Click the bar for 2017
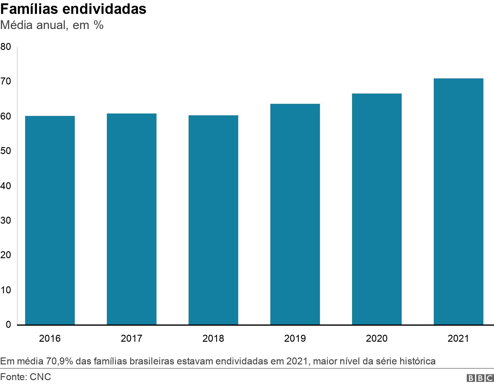pyautogui.click(x=132, y=219)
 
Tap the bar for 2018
pyautogui.click(x=213, y=220)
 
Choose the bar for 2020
pyautogui.click(x=377, y=209)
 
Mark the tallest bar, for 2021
pyautogui.click(x=458, y=202)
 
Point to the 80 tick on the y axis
pyautogui.click(x=6, y=47)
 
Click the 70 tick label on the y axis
pyautogui.click(x=6, y=81)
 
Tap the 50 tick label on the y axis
pyautogui.click(x=6, y=151)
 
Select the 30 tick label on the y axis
pyautogui.click(x=6, y=220)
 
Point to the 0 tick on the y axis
pyautogui.click(x=8, y=325)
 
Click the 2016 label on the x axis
pyautogui.click(x=50, y=338)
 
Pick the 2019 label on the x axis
pyautogui.click(x=295, y=338)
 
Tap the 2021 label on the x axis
pyautogui.click(x=458, y=338)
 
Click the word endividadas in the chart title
pyautogui.click(x=104, y=9)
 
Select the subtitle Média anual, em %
pyautogui.click(x=52, y=25)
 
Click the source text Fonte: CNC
pyautogui.click(x=26, y=377)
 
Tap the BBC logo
pyautogui.click(x=480, y=378)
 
